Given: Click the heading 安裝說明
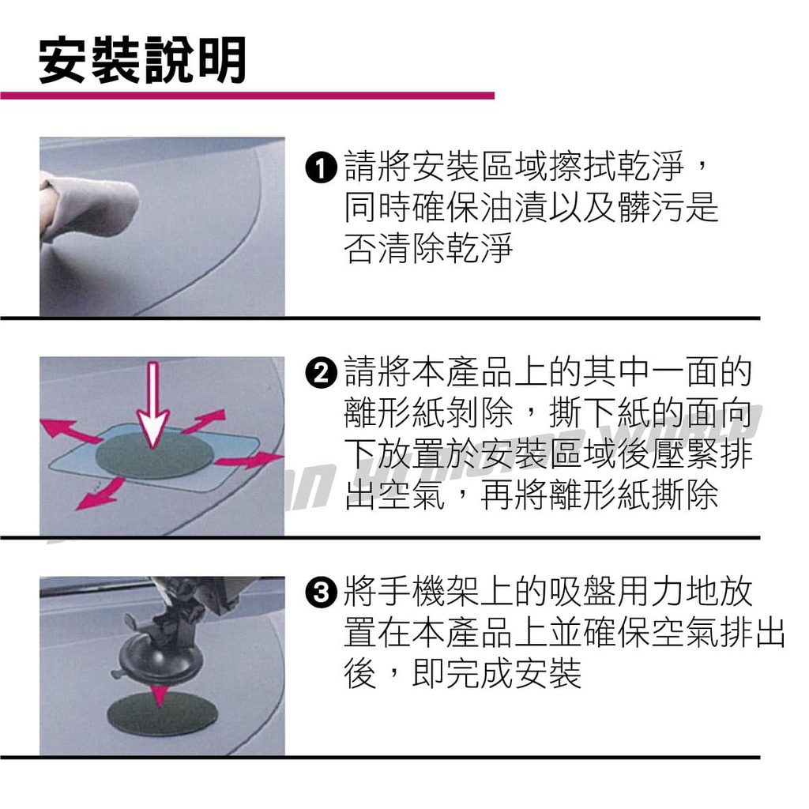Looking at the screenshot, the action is pos(142,60).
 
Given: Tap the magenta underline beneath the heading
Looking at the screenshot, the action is pos(247,96).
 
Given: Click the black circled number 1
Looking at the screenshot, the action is pos(321,167).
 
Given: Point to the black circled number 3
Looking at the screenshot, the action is pos(321,593).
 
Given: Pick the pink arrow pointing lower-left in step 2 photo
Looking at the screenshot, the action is pos(100,493).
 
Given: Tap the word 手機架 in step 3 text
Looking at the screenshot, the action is pos(395,593).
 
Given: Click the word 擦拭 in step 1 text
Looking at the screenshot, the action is pos(582,167).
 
